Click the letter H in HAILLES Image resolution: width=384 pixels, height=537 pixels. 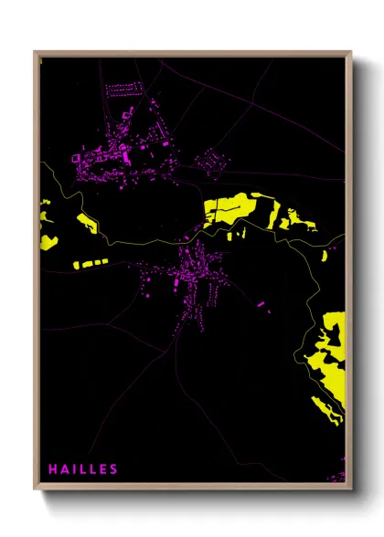[54, 469]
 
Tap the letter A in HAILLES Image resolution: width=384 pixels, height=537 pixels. [65, 469]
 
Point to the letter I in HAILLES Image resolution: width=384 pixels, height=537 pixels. [73, 469]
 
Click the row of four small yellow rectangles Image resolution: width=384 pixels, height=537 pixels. [89, 263]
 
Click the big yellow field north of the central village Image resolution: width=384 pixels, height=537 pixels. [229, 210]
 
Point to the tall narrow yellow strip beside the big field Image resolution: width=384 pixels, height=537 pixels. [273, 213]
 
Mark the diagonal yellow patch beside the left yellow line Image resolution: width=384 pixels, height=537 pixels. [88, 224]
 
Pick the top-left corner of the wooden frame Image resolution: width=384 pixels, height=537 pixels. [35, 52]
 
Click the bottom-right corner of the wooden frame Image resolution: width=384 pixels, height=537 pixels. [352, 489]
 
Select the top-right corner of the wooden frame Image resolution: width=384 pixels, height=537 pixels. [352, 52]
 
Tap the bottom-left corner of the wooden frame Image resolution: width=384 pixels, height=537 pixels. [35, 489]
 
